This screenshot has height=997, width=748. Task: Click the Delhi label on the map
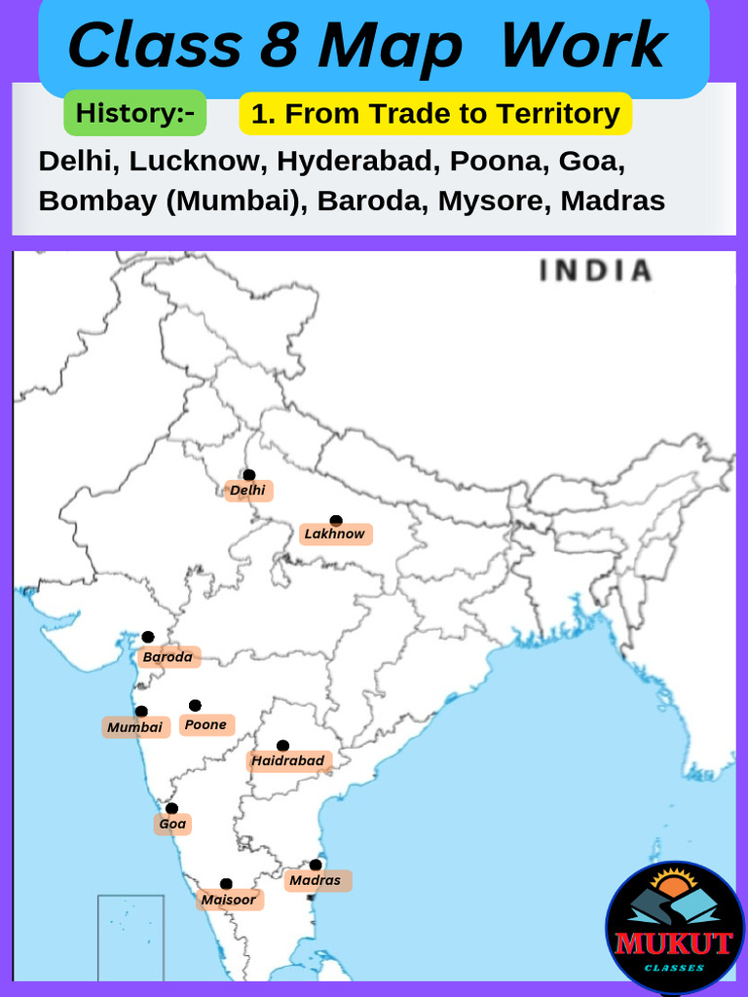[248, 491]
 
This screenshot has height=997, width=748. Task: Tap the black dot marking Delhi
[249, 475]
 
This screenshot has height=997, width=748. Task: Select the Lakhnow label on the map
[335, 534]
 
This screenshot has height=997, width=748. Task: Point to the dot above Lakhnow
[336, 521]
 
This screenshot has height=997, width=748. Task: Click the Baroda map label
[168, 657]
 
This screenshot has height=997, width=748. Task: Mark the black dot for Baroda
[148, 637]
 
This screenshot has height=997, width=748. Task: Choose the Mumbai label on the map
[135, 727]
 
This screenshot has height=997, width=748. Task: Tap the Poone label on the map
[206, 724]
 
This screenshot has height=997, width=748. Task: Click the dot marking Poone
[195, 705]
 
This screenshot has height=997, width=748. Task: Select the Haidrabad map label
[288, 760]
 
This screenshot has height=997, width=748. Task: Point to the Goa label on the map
[172, 824]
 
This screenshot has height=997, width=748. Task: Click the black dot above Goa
[171, 808]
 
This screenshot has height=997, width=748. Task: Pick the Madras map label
[316, 880]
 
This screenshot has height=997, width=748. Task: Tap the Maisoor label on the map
[229, 900]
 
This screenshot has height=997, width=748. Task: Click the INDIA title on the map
[595, 271]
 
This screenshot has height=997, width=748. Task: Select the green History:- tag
[134, 113]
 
